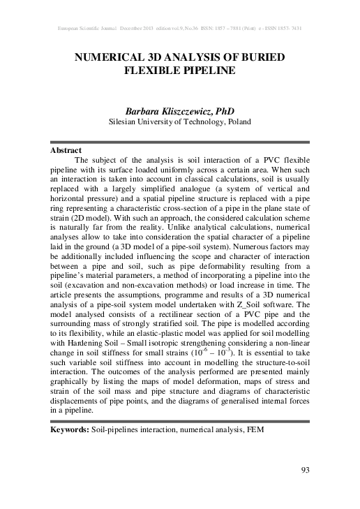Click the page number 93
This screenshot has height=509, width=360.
[304, 469]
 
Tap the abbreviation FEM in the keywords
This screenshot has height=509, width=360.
[256, 431]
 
